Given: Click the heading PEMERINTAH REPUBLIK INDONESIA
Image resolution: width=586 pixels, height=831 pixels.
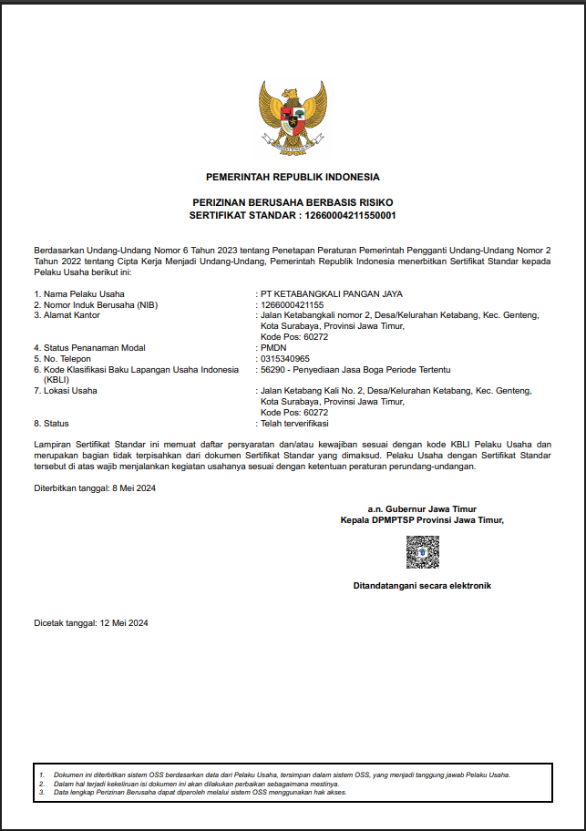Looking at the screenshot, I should tap(293, 177).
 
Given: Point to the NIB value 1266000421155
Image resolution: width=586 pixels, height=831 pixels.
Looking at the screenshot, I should tap(293, 304).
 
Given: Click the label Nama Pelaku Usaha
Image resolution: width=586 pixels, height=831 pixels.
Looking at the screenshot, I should tap(84, 293).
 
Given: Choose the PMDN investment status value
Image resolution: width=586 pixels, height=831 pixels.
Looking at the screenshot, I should tap(272, 347).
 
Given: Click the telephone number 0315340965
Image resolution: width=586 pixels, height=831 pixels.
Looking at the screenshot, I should tap(285, 358).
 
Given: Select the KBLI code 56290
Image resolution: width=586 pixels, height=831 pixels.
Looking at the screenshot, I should tap(273, 369).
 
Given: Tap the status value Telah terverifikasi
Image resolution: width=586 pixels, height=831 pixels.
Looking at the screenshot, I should tap(294, 424).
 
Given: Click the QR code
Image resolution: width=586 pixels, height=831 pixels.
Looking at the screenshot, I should tap(422, 552).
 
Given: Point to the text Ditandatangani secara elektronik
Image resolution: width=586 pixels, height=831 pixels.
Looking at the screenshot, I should tap(422, 586).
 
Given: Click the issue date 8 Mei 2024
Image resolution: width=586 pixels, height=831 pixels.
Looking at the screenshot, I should tap(135, 488).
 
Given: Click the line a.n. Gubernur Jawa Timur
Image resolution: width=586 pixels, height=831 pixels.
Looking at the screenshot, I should tap(422, 509).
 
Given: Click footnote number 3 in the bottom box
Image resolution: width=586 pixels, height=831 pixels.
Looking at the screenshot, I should tap(41, 792).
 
